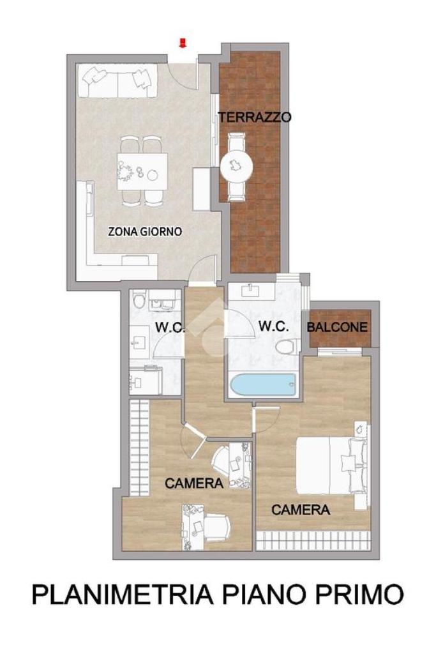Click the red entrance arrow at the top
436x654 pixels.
click(x=183, y=43)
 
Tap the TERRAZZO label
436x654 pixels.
click(x=255, y=118)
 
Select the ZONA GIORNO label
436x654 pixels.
click(x=145, y=231)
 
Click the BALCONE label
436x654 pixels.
click(x=338, y=327)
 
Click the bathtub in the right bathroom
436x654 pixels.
click(x=263, y=385)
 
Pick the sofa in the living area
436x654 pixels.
click(x=117, y=80)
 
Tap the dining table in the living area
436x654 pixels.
click(x=142, y=171)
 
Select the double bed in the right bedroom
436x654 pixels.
click(x=332, y=464)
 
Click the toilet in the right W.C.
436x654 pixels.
click(x=288, y=346)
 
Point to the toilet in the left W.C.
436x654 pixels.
click(x=139, y=300)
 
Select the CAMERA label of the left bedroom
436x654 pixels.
click(x=194, y=483)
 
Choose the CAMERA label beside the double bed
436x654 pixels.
click(x=301, y=509)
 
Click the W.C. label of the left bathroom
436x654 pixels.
click(x=170, y=328)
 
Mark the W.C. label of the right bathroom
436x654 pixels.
click(x=273, y=326)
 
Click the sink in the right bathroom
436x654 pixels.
click(x=250, y=289)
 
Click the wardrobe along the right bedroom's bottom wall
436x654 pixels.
click(x=313, y=541)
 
